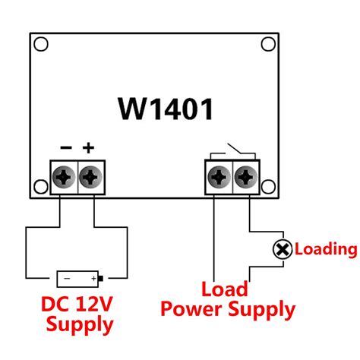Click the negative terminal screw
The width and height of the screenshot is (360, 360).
pyautogui.click(x=64, y=178)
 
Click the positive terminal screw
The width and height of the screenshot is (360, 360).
pyautogui.click(x=91, y=178)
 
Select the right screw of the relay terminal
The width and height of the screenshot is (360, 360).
pyautogui.click(x=246, y=178)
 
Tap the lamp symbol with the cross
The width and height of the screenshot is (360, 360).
pyautogui.click(x=282, y=249)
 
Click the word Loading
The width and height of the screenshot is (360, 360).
pyautogui.click(x=325, y=249)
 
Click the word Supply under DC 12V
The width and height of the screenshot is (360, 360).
pyautogui.click(x=80, y=326)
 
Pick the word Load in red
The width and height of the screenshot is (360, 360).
pyautogui.click(x=225, y=289)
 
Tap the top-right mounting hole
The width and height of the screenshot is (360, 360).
pyautogui.click(x=267, y=44)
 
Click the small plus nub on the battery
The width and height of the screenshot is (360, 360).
pyautogui.click(x=100, y=278)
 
